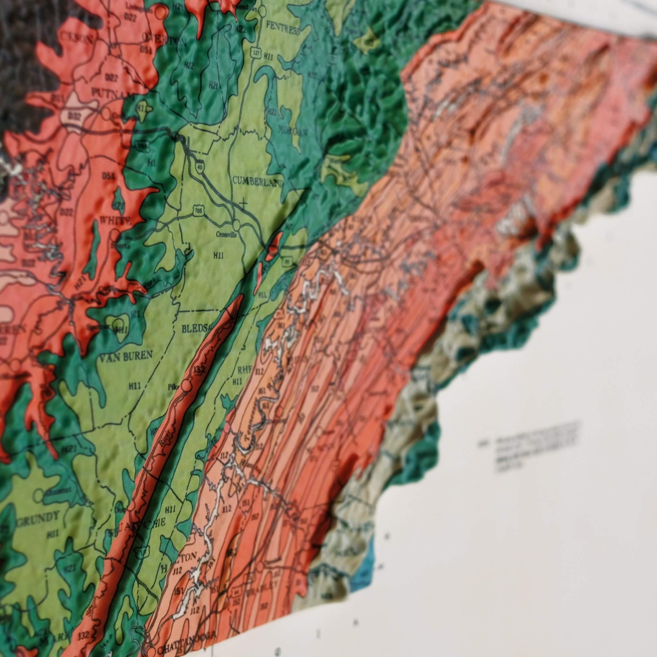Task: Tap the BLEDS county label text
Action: (194, 329)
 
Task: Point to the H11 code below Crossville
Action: (218, 256)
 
